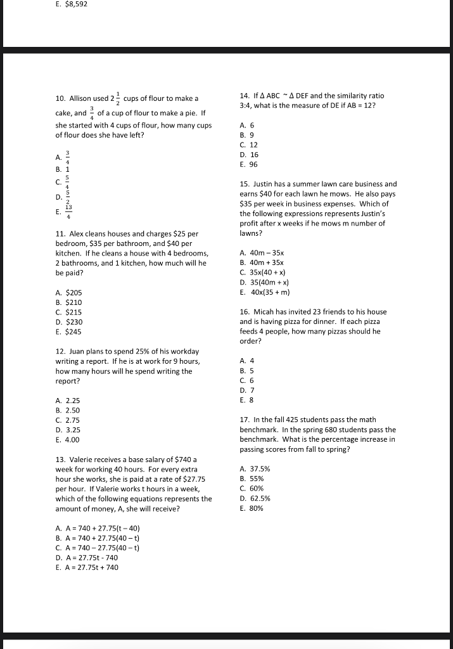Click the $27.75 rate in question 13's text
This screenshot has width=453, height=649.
click(193, 479)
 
